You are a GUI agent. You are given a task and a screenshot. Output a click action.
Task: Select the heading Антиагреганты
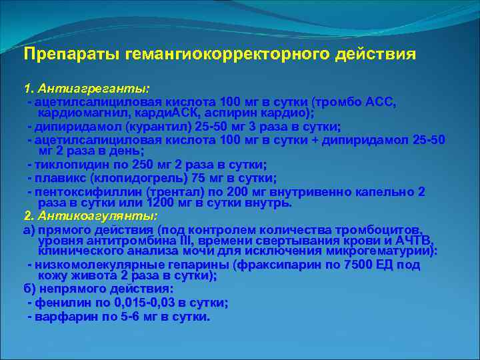(x=93, y=88)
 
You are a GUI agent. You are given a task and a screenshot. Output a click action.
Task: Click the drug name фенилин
(x=61, y=303)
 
